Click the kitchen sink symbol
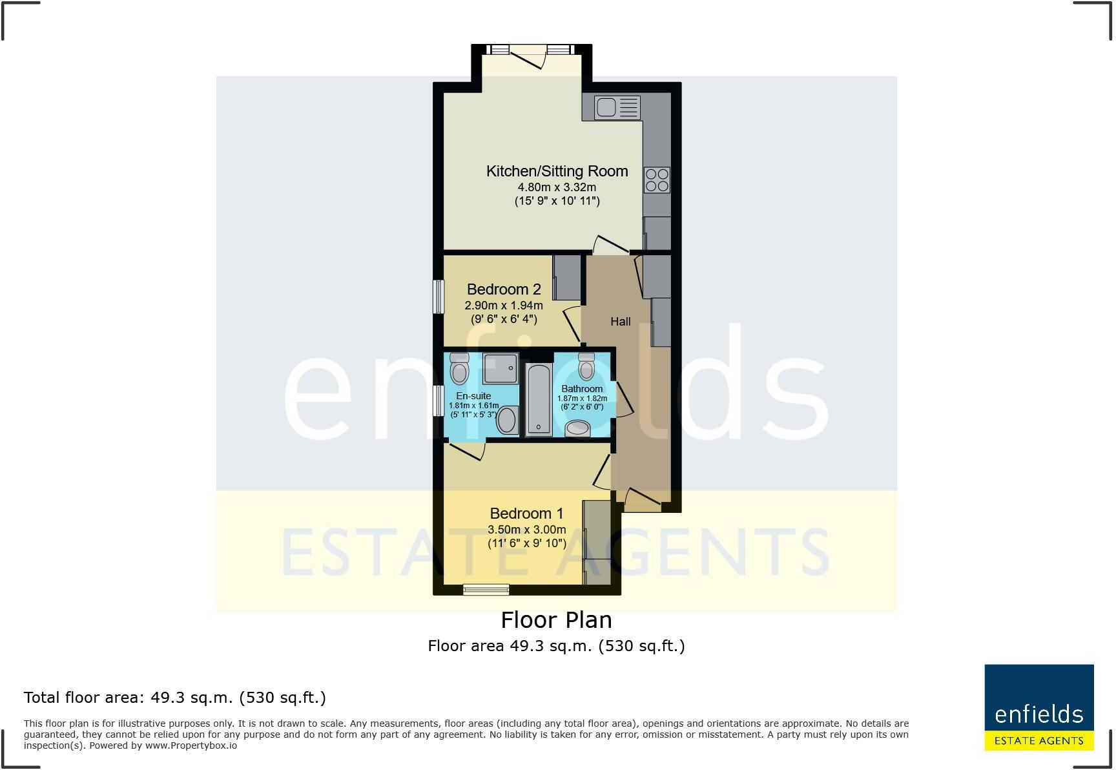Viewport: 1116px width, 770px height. (617, 107)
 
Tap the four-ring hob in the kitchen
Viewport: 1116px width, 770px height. (657, 180)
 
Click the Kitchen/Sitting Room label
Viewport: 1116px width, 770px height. (557, 171)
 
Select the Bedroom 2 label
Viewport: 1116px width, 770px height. (504, 289)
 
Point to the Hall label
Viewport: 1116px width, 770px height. (620, 322)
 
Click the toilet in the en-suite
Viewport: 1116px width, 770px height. (459, 369)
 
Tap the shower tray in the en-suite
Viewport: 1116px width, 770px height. (501, 368)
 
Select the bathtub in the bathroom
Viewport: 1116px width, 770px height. (538, 399)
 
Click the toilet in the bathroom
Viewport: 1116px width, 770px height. (586, 367)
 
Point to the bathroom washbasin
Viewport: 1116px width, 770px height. (578, 428)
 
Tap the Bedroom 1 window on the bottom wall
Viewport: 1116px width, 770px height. (486, 589)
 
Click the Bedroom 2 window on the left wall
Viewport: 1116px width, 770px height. (439, 297)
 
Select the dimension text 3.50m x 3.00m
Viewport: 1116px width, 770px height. (526, 530)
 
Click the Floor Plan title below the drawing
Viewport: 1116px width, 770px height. (556, 620)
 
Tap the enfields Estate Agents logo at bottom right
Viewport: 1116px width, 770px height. (1038, 707)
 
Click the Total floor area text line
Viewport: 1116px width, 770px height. (174, 698)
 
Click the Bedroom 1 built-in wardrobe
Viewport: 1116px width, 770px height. (597, 543)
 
